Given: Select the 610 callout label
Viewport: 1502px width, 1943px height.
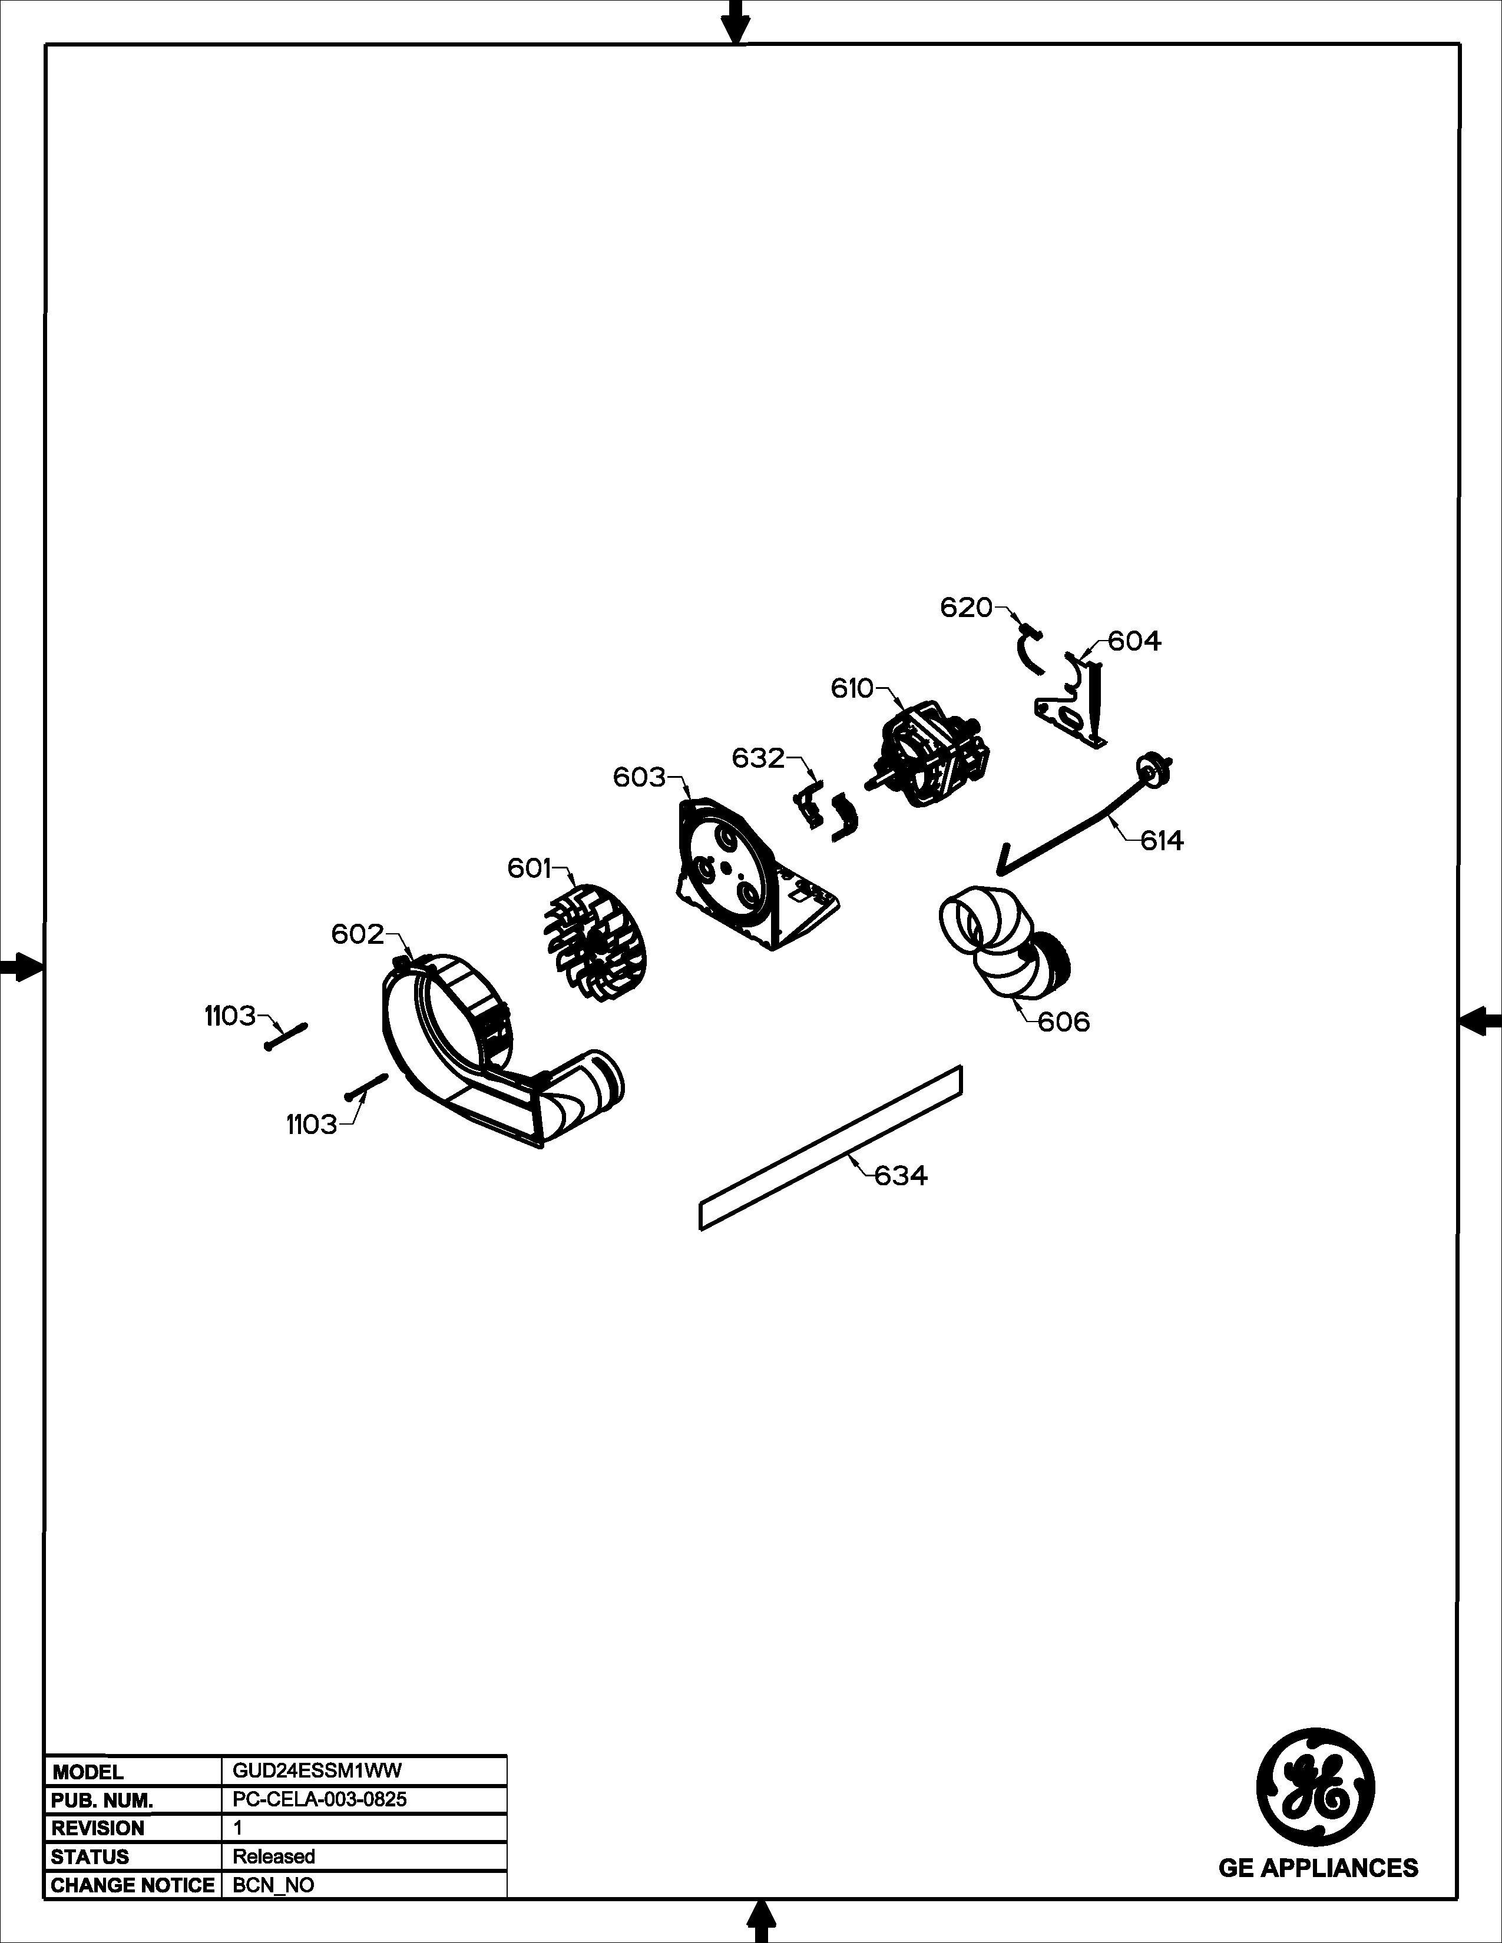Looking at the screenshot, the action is [x=852, y=689].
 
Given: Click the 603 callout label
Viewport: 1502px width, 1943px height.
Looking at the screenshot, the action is [x=639, y=778].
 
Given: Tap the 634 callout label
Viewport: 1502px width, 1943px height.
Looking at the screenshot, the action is [x=901, y=1176].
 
